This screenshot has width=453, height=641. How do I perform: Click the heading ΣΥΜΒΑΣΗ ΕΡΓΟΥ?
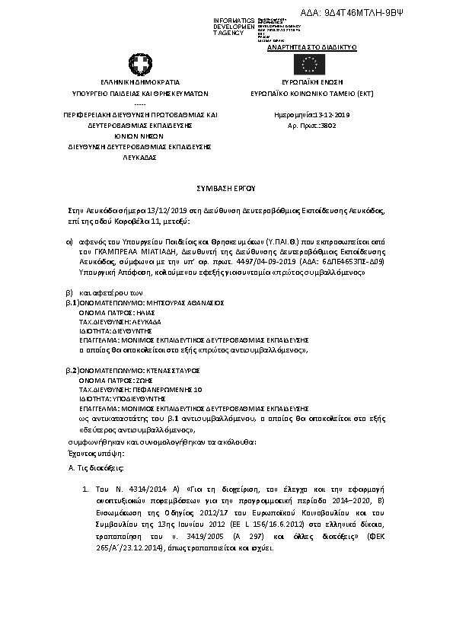226,186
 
